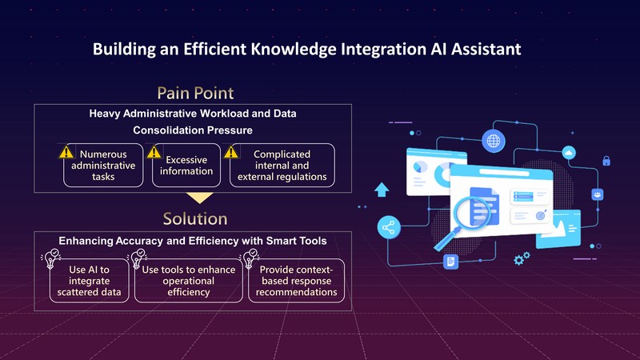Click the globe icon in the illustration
point(494,142)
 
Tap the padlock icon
point(606,161)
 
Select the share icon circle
point(390,229)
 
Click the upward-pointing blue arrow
point(382,190)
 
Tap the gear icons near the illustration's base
point(522,258)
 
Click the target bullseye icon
point(541,215)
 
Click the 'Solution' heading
point(194,218)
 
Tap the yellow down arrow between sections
point(199,197)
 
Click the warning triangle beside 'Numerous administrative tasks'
point(66,151)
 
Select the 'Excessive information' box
point(186,165)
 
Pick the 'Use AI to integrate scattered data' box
point(89,281)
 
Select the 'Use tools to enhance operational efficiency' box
point(188,281)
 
